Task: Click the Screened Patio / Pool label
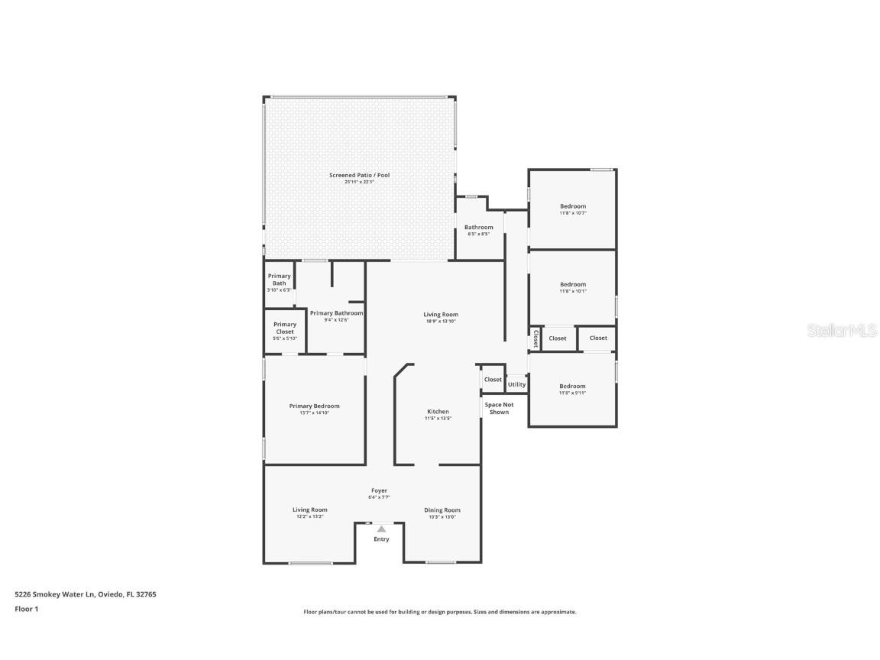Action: [x=359, y=175]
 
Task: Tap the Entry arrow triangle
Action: [x=381, y=528]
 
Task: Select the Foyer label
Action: [x=379, y=490]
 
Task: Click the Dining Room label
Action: [x=442, y=510]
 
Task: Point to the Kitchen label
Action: [x=438, y=412]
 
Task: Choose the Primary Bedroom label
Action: [x=314, y=406]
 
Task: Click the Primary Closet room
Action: [x=285, y=331]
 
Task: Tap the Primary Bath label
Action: [x=279, y=280]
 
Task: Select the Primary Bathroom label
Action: [x=336, y=313]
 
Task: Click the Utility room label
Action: [x=516, y=384]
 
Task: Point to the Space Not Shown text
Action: [x=499, y=408]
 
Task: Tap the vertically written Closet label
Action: [x=535, y=338]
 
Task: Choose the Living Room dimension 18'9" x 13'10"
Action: [x=441, y=321]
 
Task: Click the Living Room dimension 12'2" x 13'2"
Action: [x=309, y=516]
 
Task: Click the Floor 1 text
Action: [x=26, y=609]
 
